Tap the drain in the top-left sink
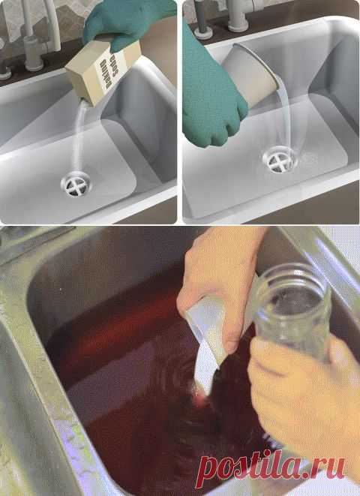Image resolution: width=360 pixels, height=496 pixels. pos(76,184)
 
